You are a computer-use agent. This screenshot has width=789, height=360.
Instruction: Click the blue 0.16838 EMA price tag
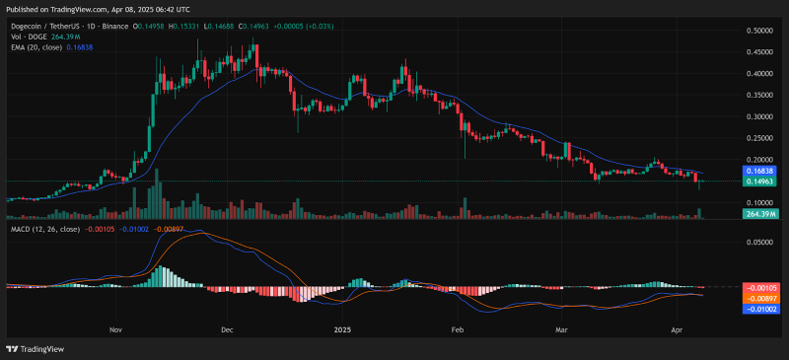point(760,170)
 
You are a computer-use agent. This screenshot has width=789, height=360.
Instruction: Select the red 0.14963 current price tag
point(760,181)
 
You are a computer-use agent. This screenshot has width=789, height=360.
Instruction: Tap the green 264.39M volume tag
point(760,214)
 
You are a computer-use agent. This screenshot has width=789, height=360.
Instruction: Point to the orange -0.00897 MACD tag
point(760,298)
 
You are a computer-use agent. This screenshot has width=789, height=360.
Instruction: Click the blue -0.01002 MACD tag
point(760,309)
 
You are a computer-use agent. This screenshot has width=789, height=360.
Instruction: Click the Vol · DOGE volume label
point(27,36)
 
